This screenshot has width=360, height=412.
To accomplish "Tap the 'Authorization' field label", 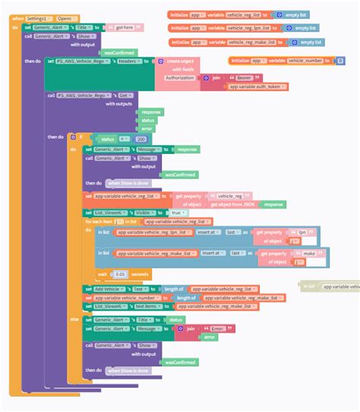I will point(179,77).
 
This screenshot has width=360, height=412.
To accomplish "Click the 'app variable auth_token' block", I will point(257,86).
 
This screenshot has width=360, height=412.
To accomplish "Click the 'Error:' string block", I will point(218,329).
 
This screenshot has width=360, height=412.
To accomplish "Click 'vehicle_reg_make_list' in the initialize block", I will point(246,42).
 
